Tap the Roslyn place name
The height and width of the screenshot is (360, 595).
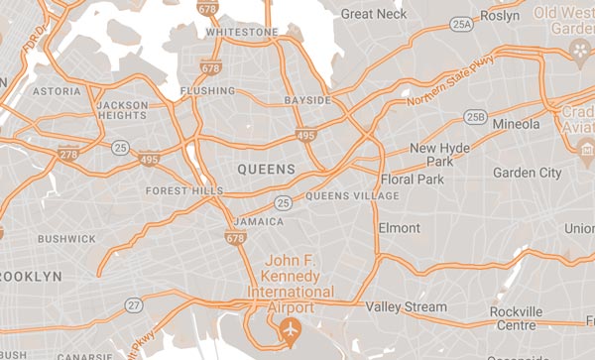click(499, 16)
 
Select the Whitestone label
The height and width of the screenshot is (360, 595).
click(242, 32)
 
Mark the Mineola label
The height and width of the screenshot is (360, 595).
click(517, 124)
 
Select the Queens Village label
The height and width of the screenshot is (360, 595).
click(353, 196)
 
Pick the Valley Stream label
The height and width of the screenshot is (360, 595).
click(406, 307)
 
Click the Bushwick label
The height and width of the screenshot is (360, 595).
click(66, 239)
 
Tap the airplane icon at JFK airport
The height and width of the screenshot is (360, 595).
click(291, 329)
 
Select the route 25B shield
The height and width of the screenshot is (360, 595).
click(477, 118)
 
